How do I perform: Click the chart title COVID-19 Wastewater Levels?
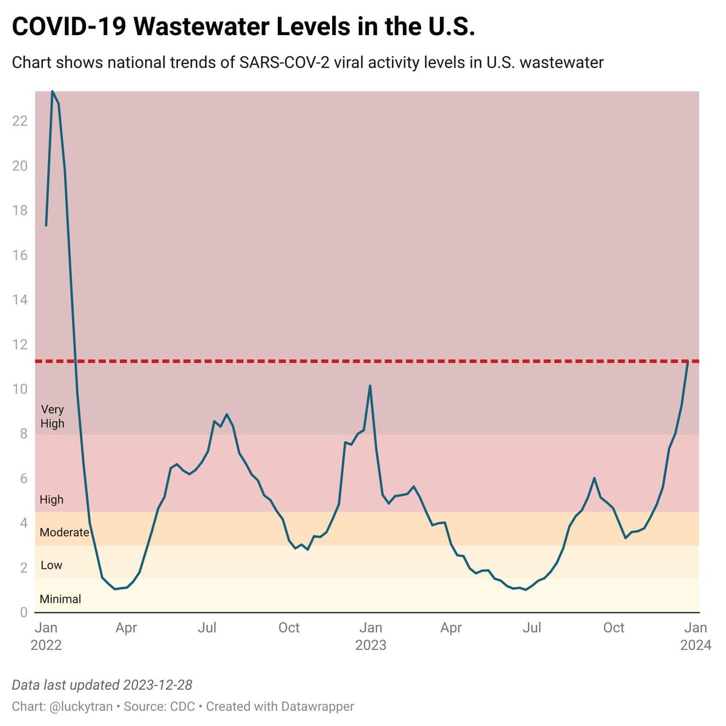[243, 27]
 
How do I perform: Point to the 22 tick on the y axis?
[20, 121]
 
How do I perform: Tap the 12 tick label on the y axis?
[20, 345]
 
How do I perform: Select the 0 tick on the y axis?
[24, 612]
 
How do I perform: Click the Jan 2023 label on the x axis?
[370, 636]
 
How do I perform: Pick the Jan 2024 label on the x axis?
[695, 636]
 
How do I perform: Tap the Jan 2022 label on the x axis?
[46, 636]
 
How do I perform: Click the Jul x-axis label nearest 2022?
[208, 628]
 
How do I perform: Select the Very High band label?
[52, 417]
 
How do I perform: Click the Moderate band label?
[64, 532]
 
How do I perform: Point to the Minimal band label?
[60, 599]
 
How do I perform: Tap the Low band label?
[51, 565]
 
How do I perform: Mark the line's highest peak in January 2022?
[52, 91]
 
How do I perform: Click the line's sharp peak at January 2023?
[370, 385]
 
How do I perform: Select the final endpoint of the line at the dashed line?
[688, 362]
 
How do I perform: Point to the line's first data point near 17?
[46, 225]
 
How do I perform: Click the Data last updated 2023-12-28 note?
[102, 685]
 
